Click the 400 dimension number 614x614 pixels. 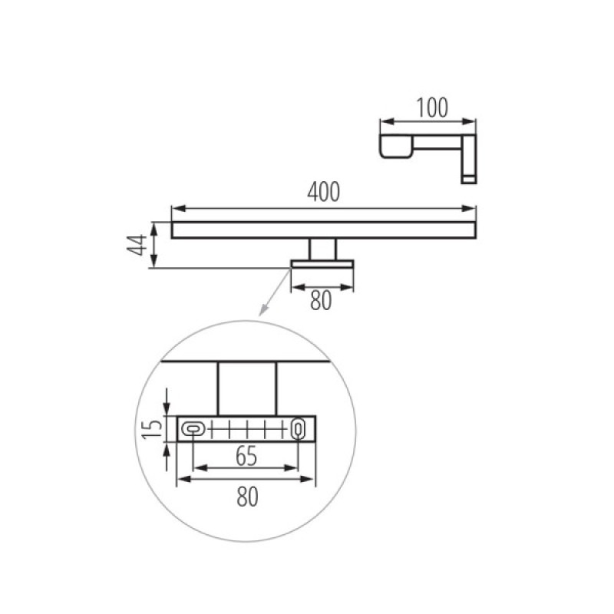click(x=323, y=192)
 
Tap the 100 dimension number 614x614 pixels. click(x=432, y=107)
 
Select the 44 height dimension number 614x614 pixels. click(x=137, y=245)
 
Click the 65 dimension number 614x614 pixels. click(x=246, y=456)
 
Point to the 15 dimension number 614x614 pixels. click(x=152, y=429)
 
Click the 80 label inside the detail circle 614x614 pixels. click(x=247, y=497)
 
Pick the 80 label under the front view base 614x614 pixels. click(x=321, y=301)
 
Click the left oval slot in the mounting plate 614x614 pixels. click(x=193, y=429)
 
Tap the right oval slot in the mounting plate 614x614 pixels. click(x=298, y=429)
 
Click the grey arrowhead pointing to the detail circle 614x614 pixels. click(x=263, y=310)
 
